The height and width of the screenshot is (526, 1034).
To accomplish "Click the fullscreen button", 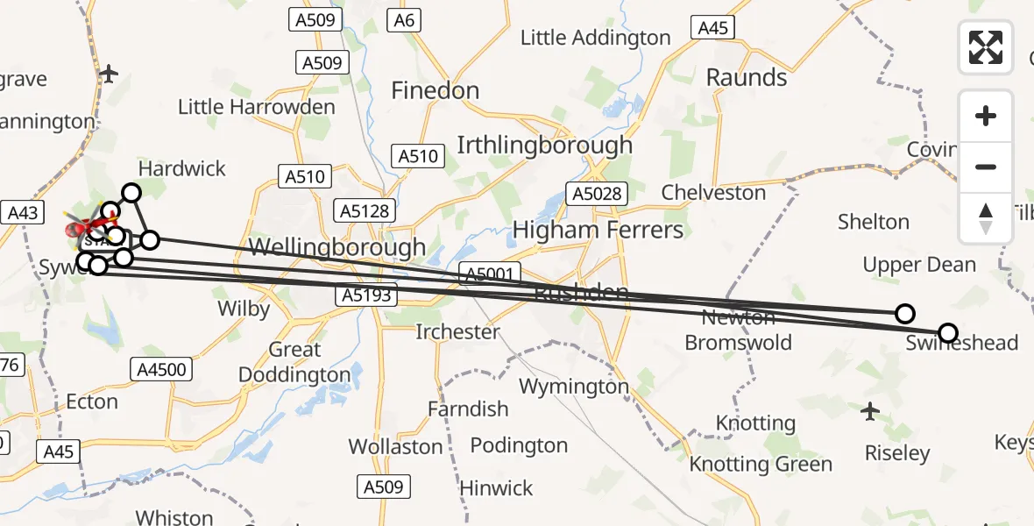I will pos(986,46).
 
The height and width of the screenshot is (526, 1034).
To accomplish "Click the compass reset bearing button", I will pos(986,217).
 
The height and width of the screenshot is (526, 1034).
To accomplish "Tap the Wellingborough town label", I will pos(337,247).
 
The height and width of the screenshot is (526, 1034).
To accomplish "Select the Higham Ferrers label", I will pos(598,230).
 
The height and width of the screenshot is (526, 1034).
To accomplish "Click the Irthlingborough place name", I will pos(544,145).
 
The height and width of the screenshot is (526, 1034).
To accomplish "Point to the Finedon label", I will pos(435,90).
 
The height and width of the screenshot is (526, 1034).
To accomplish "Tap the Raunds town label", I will pos(747,77).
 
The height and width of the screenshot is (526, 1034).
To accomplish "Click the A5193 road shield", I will pos(367,296).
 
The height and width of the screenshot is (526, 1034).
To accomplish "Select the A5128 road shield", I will pos(365,211).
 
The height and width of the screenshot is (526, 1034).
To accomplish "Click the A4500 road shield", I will pos(161,369).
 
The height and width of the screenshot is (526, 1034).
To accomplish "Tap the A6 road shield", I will pos(403,20).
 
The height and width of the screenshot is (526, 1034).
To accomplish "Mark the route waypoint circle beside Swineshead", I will pos(947,333).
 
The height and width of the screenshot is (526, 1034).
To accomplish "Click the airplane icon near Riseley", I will pos(869,409).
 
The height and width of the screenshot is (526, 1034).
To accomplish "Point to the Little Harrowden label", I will pos(256,108).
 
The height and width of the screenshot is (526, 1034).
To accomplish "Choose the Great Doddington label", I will pos(296,362).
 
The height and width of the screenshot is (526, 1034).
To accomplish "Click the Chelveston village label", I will pos(713,193).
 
